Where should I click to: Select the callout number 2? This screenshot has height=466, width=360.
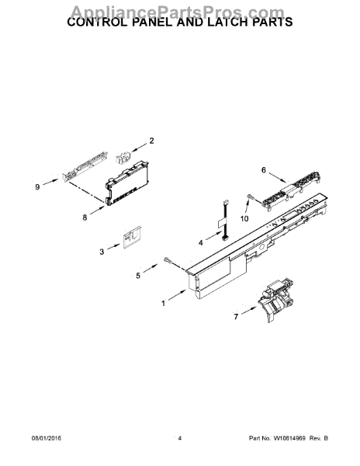[151, 141]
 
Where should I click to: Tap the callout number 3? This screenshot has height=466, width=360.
[102, 251]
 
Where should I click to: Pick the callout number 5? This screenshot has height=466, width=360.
[139, 275]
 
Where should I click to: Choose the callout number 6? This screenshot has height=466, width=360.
[263, 170]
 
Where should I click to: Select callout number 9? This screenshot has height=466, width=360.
[36, 186]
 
